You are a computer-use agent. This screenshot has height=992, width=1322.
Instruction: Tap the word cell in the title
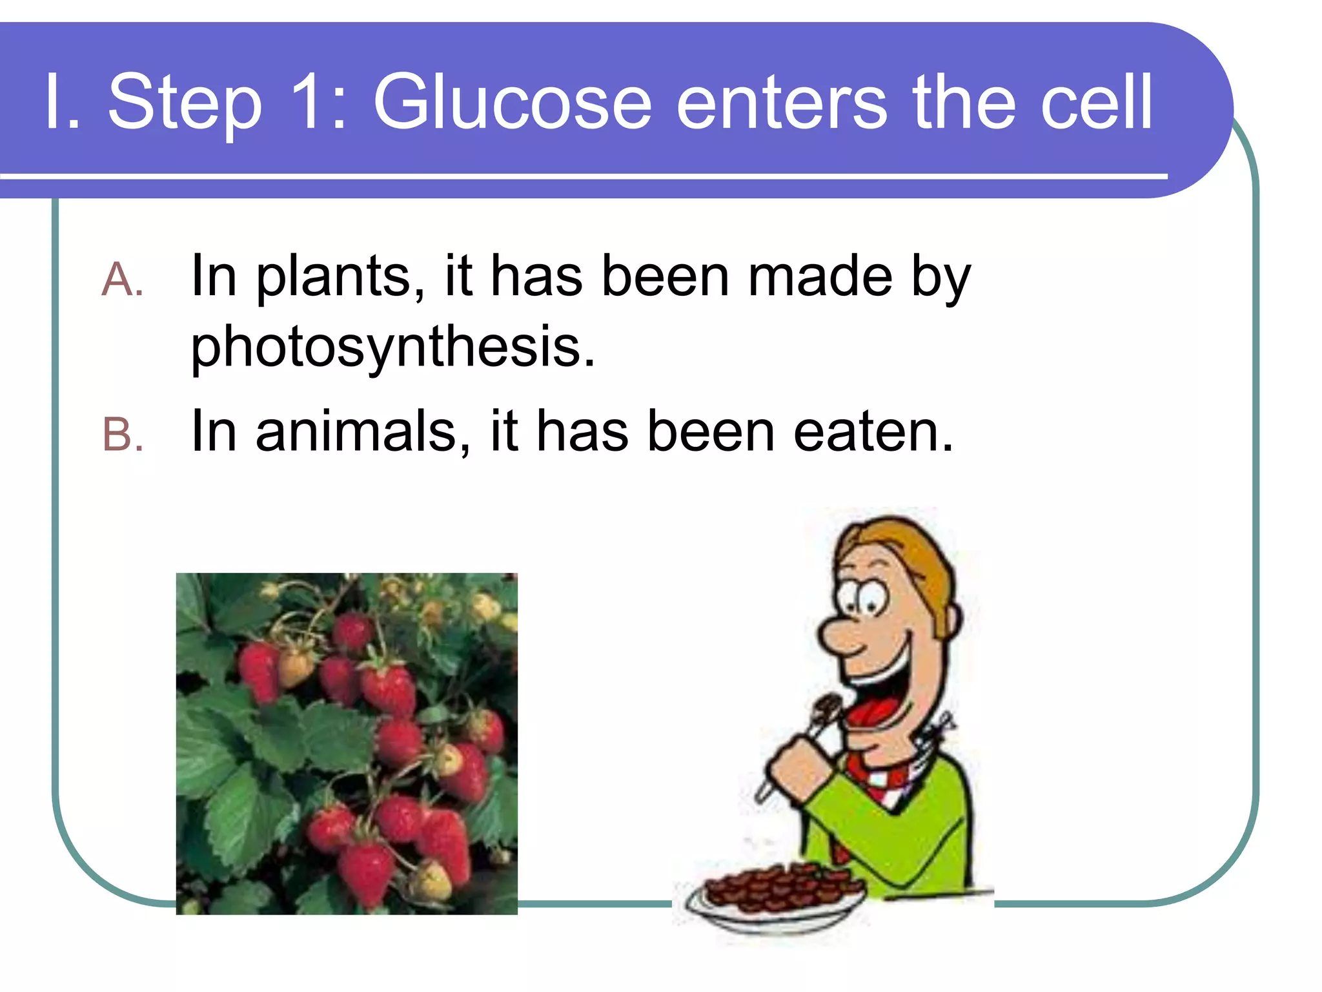(x=1095, y=102)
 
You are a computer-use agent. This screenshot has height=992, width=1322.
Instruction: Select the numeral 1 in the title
(x=309, y=102)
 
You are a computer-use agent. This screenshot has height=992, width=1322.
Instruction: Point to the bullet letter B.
(x=121, y=435)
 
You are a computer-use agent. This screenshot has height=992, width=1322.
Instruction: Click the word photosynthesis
(x=392, y=347)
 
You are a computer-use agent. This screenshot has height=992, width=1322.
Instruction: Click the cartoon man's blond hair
(x=917, y=555)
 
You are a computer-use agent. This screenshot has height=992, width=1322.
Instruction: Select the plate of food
(x=775, y=894)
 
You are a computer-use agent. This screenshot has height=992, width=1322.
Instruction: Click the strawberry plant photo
(x=347, y=743)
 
